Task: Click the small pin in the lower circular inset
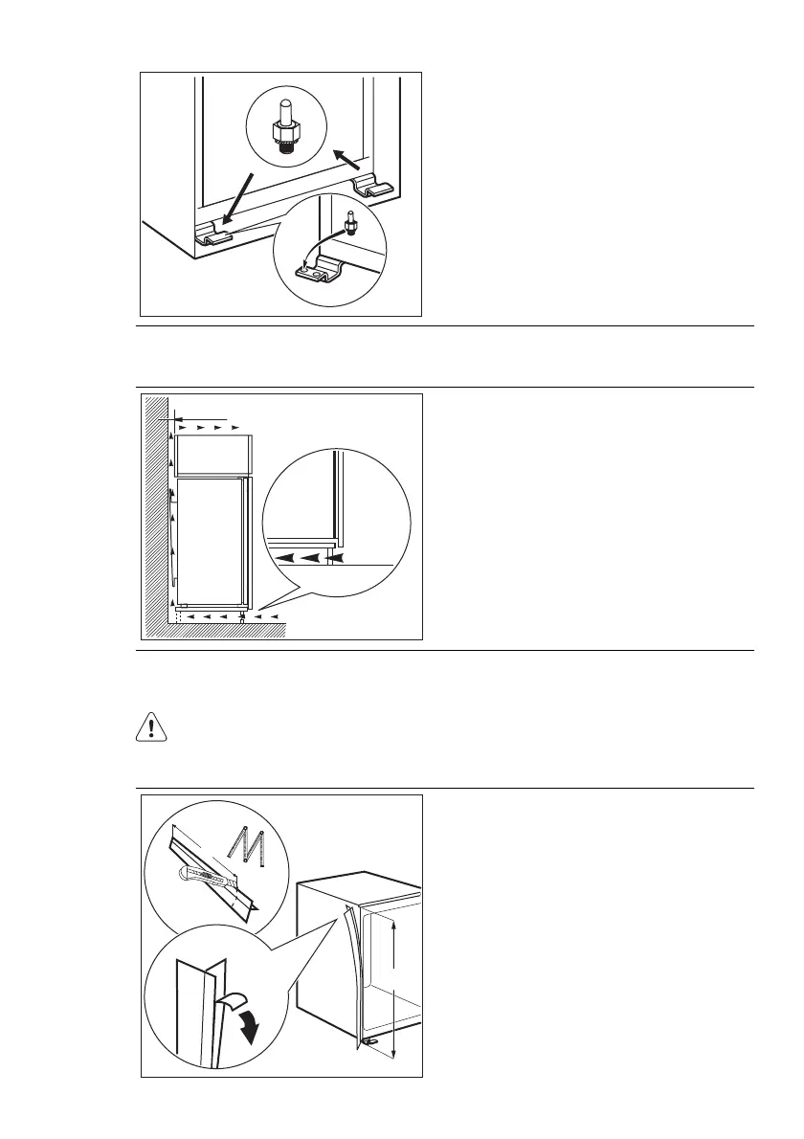[350, 226]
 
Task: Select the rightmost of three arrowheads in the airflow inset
[334, 554]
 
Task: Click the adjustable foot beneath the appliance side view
[243, 616]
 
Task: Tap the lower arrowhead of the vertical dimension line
[394, 1055]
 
